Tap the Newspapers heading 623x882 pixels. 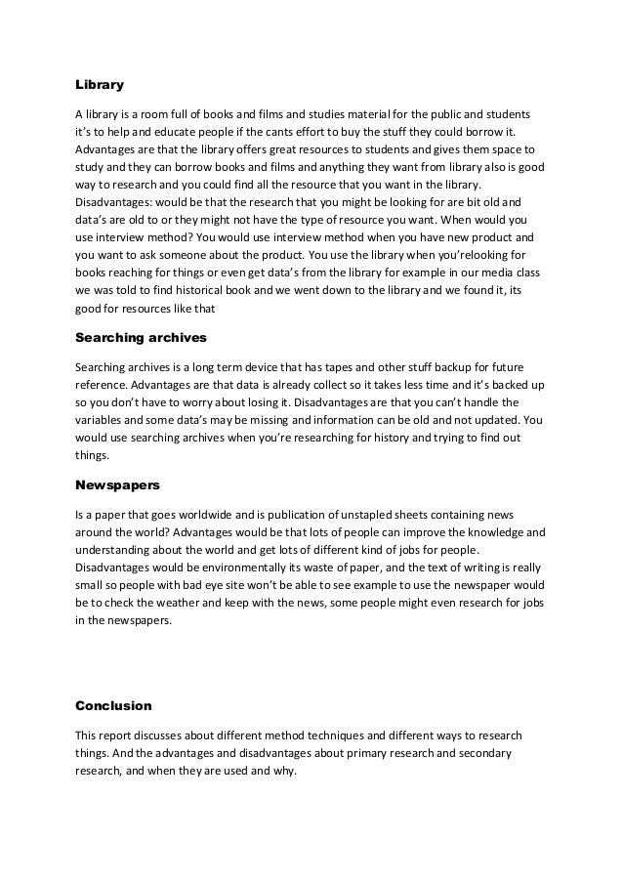pos(113,483)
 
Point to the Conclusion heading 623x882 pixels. pos(113,704)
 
